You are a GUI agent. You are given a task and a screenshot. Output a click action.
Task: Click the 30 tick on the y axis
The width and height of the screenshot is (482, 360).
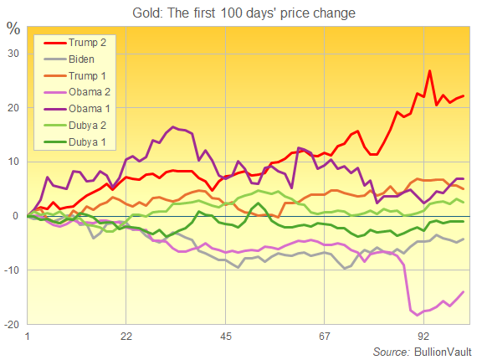pyautogui.click(x=13, y=54)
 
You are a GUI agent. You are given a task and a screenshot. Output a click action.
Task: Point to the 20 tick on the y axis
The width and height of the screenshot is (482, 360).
pyautogui.click(x=13, y=108)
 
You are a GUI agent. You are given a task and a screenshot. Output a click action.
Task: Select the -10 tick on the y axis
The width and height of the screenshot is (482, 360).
pyautogui.click(x=12, y=270)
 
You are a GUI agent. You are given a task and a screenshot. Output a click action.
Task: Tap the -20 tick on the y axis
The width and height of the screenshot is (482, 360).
pyautogui.click(x=12, y=324)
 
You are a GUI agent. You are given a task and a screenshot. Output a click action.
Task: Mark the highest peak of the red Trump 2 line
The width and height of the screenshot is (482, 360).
pyautogui.click(x=430, y=71)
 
